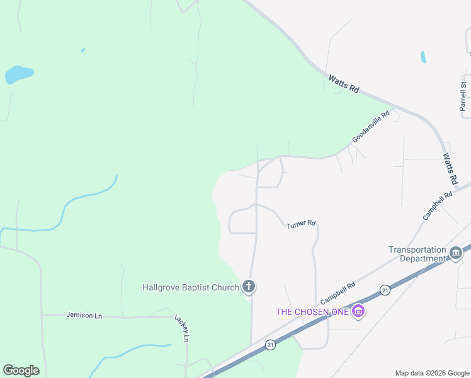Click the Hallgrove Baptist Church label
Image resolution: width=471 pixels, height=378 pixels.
[191, 288]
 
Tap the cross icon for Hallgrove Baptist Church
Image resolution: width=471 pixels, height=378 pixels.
[249, 287]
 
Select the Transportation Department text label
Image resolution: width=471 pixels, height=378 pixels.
[417, 254]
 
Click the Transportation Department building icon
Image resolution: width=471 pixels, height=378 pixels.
[456, 253]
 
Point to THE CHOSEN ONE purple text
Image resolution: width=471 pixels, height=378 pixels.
[311, 312]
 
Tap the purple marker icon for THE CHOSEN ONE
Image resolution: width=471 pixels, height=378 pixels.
[358, 311]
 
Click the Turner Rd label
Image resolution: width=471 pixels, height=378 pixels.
[300, 224]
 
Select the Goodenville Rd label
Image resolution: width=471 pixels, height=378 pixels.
[372, 127]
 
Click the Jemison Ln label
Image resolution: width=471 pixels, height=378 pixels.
[84, 315]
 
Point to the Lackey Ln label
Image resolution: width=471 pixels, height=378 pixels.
[180, 328]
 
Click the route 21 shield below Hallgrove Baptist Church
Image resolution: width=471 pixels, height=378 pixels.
[270, 345]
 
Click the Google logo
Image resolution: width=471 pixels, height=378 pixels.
[21, 370]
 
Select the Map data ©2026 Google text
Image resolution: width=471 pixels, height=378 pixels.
[432, 373]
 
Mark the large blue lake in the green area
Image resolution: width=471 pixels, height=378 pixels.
[18, 74]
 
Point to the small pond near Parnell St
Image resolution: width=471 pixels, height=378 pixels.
[423, 57]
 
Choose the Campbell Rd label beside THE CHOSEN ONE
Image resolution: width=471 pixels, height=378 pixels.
[339, 292]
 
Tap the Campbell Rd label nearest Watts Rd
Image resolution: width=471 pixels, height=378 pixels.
[438, 205]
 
